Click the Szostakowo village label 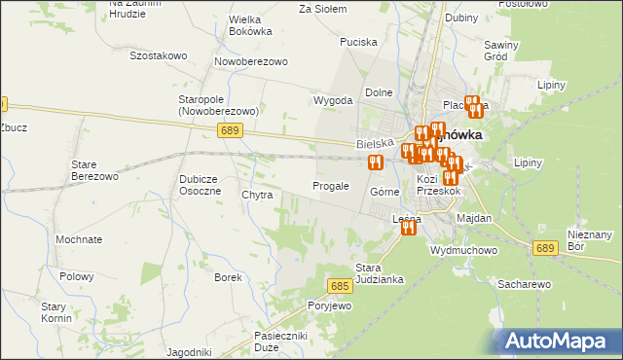(x=157, y=55)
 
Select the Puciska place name (x=357, y=42)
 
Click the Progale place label (x=330, y=186)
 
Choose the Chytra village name (x=257, y=195)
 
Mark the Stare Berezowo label (x=94, y=171)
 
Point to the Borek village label (x=228, y=277)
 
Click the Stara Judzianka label (x=379, y=273)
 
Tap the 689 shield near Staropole (x=230, y=129)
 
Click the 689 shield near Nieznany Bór (x=545, y=249)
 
